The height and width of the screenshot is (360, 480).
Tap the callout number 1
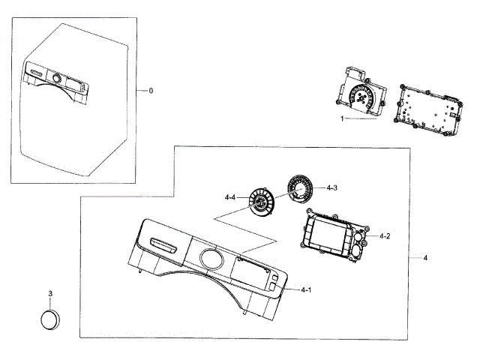click(x=341, y=118)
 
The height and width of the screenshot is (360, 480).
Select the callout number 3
click(x=50, y=293)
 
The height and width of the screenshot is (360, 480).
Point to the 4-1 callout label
click(x=307, y=289)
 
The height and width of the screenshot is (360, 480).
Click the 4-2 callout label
click(x=385, y=236)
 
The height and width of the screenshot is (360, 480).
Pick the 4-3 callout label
click(x=331, y=187)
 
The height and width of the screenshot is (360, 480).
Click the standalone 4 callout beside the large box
click(x=425, y=258)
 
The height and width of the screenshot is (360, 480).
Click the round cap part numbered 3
click(x=50, y=319)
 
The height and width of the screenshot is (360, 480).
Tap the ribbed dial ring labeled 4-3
click(x=300, y=187)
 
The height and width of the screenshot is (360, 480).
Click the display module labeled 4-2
click(x=330, y=238)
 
